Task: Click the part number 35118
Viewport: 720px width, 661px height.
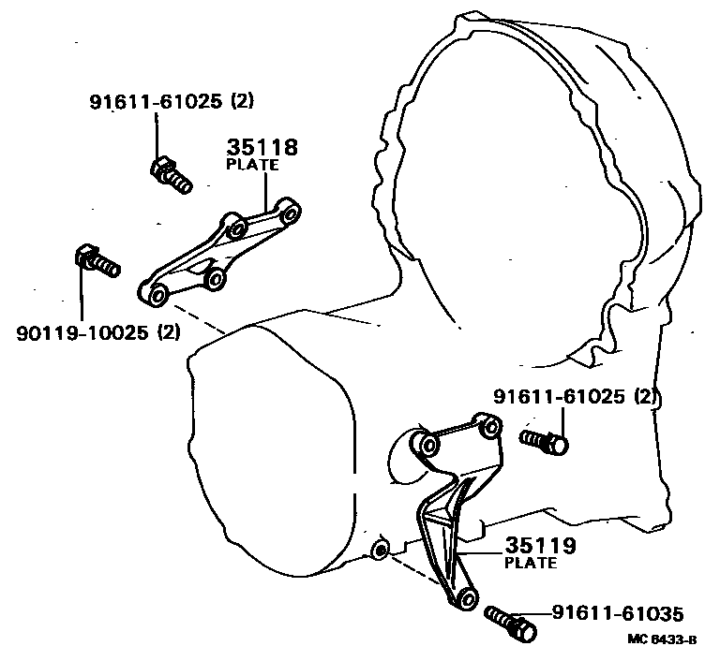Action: pyautogui.click(x=262, y=148)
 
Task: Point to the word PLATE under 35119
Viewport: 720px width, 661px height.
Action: pyautogui.click(x=530, y=563)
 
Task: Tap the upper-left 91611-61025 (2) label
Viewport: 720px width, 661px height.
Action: pyautogui.click(x=171, y=102)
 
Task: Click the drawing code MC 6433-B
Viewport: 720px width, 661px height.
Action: pyautogui.click(x=663, y=641)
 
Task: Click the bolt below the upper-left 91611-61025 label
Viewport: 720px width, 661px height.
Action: pyautogui.click(x=170, y=174)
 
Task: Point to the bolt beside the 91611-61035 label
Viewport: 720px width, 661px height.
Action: pyautogui.click(x=512, y=622)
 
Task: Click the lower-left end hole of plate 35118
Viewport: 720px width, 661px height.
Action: pyautogui.click(x=157, y=296)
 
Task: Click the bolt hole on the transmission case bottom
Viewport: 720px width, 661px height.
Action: pyautogui.click(x=380, y=548)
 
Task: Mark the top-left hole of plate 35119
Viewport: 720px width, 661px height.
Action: pyautogui.click(x=426, y=443)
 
